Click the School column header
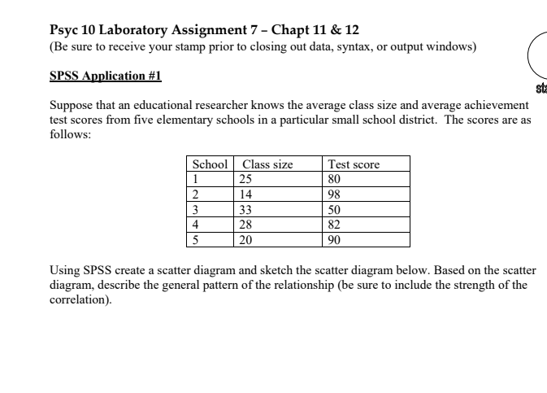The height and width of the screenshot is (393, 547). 210,164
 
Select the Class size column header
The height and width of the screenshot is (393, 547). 267,164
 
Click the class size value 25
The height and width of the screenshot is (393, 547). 245,179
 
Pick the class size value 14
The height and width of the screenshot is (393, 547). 245,194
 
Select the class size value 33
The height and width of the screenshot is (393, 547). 245,209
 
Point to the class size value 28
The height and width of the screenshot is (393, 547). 245,225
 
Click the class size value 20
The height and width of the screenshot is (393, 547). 245,239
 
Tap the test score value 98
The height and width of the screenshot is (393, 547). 334,194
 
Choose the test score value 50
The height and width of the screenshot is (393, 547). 334,209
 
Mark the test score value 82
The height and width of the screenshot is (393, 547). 334,225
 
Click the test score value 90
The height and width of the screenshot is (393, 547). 334,239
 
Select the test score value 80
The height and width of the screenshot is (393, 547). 334,179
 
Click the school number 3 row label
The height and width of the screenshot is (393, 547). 195,209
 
